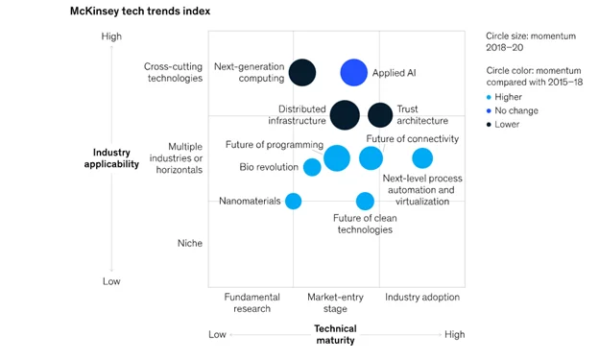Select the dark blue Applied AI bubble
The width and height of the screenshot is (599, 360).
[x=354, y=72]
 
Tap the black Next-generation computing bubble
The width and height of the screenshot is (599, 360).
[x=302, y=72]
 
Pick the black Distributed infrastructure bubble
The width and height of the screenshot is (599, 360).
[x=345, y=114]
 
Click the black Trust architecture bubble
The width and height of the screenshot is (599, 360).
[x=380, y=114]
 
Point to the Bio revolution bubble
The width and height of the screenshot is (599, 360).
[x=312, y=167]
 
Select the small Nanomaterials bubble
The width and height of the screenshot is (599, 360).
[x=294, y=201]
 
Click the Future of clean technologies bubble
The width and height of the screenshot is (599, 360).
[x=365, y=201]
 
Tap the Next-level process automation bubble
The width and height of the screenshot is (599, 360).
[x=422, y=158]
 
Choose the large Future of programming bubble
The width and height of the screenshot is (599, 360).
[x=337, y=158]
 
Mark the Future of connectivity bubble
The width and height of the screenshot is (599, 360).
[x=371, y=158]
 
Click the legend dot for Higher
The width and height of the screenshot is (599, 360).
[x=491, y=96]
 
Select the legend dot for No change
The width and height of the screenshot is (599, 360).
[x=491, y=110]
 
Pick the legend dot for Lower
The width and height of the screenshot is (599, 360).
[x=491, y=124]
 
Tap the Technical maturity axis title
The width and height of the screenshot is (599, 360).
[x=335, y=334]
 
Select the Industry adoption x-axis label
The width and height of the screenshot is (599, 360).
[x=422, y=298]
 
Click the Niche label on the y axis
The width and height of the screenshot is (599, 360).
[x=190, y=243]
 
